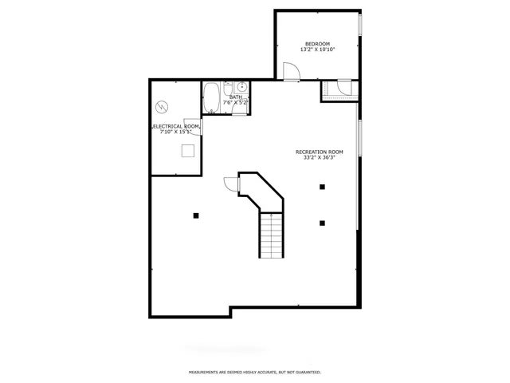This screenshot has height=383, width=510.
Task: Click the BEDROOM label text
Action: [x=317, y=43]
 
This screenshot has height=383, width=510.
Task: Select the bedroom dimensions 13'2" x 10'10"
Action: [x=317, y=49]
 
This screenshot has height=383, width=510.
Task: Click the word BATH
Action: [x=236, y=97]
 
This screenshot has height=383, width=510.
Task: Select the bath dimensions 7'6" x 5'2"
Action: [x=236, y=103]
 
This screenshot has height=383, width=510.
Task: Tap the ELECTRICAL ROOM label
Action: [x=175, y=126]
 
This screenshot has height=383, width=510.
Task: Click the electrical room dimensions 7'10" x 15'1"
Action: [x=175, y=132]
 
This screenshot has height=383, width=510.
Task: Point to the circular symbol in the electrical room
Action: [x=163, y=105]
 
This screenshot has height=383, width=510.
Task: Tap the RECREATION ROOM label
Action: [x=319, y=152]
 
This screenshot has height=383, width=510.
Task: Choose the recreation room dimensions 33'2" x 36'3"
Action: [x=319, y=158]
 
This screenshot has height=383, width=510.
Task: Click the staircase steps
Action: [x=271, y=236]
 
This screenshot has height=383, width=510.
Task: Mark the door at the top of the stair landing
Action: [x=231, y=184]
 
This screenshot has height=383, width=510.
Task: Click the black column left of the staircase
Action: [x=195, y=214]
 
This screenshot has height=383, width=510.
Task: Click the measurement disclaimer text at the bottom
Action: [x=255, y=372]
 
